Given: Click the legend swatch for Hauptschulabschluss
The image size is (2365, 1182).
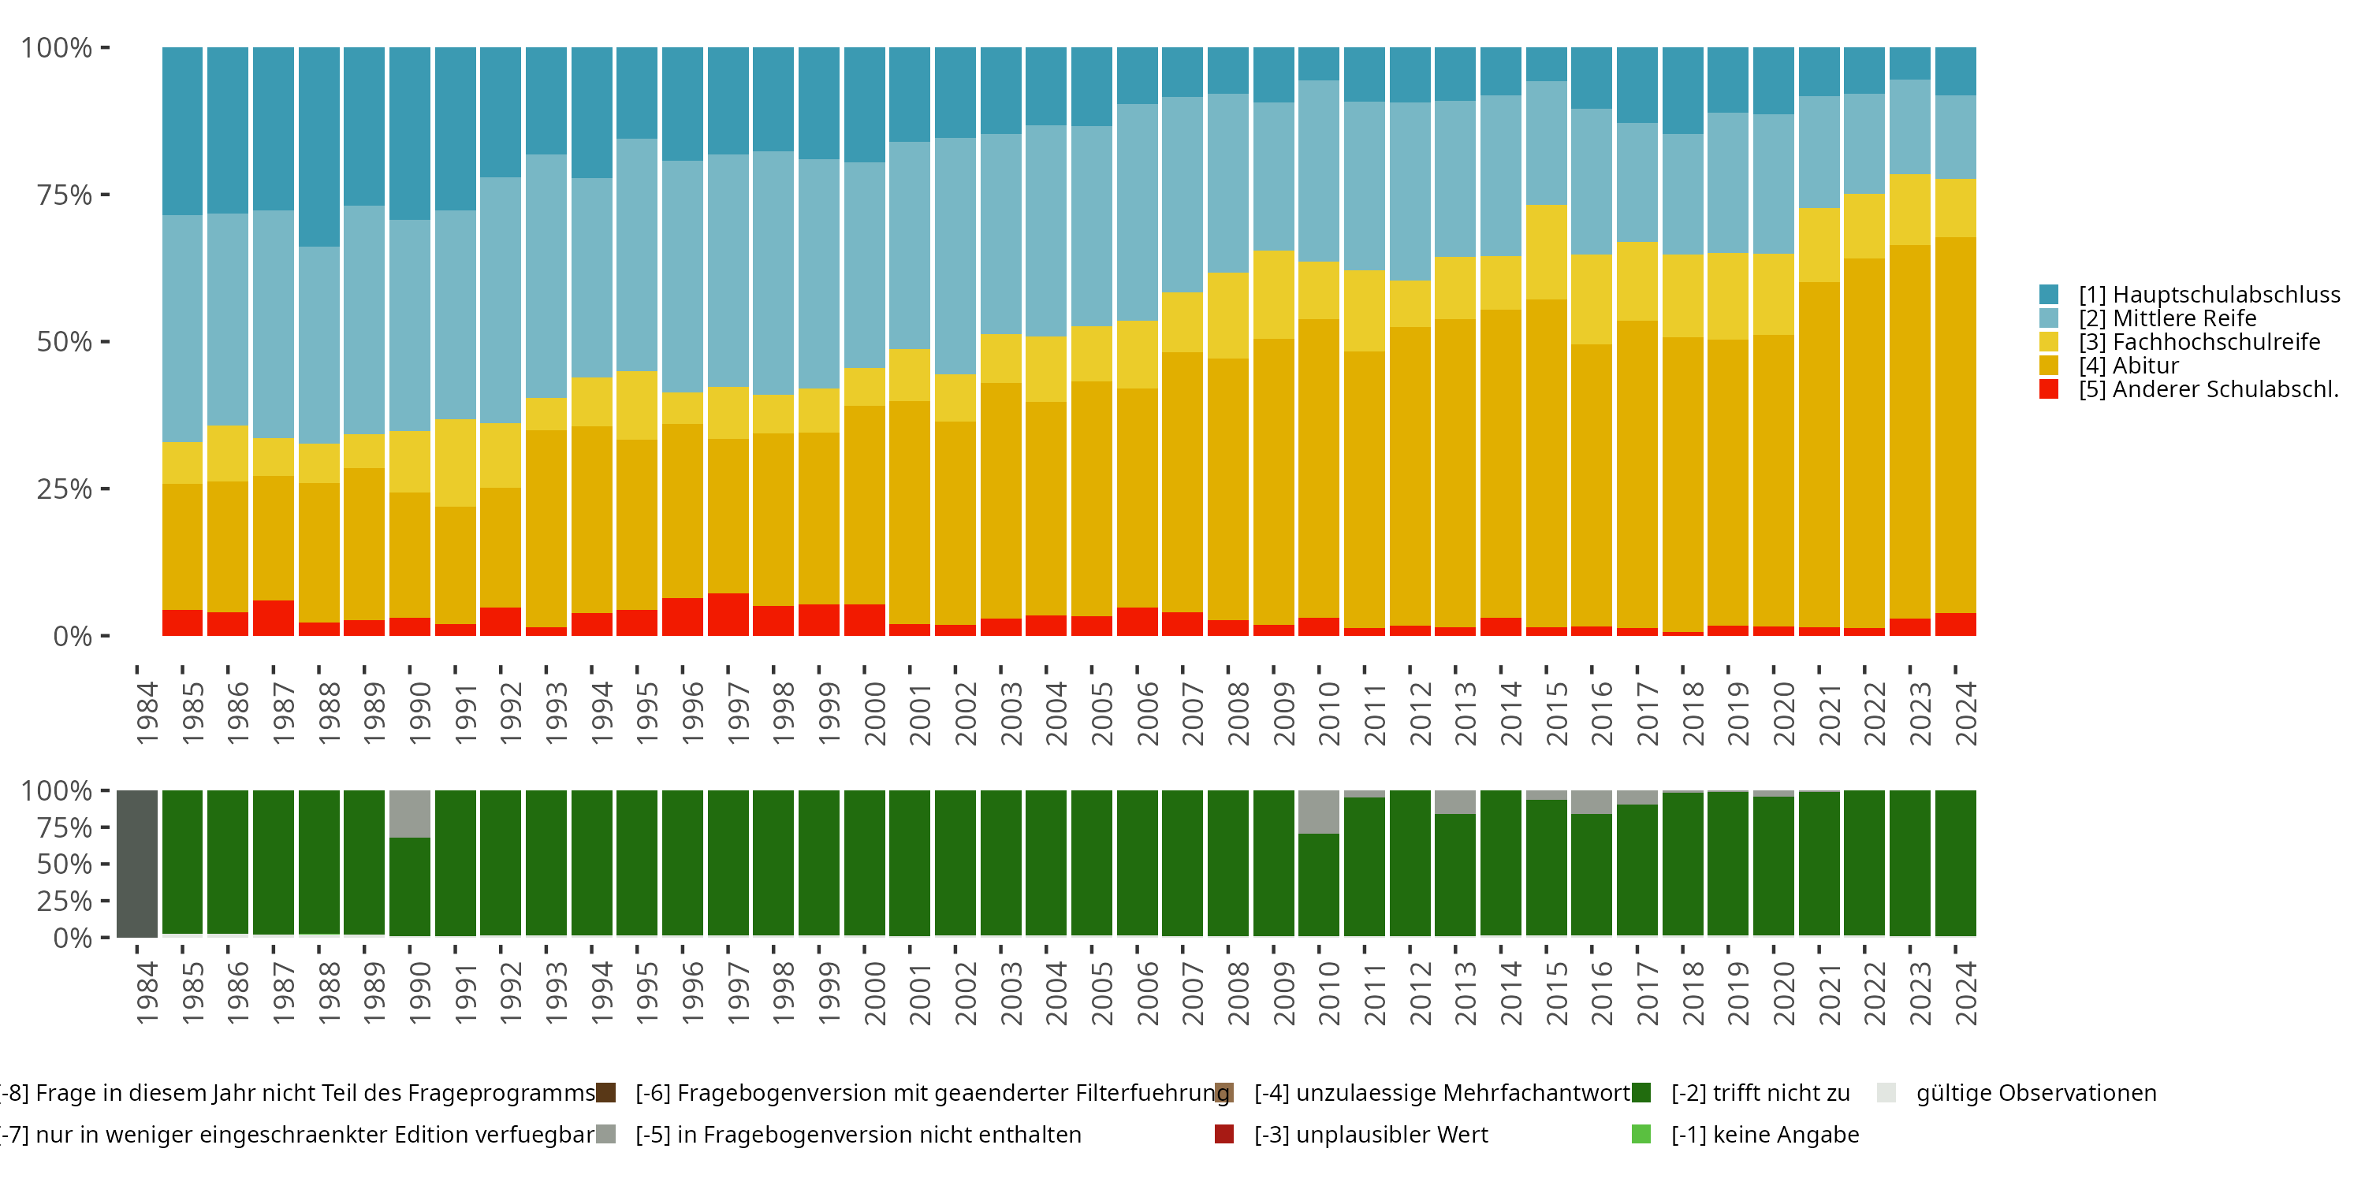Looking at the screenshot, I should coord(2048,295).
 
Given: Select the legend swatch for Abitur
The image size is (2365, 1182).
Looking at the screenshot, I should coord(2048,366).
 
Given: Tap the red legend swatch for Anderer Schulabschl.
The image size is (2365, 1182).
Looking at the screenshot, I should coord(2048,389).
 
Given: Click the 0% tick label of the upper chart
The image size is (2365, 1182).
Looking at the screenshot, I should coord(72,636).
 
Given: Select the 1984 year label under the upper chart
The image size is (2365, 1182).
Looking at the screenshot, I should coord(147,713).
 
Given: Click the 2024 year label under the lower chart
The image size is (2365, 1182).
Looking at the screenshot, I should coord(1965,994).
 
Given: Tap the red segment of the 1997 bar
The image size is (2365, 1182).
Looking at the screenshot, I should coord(728,615).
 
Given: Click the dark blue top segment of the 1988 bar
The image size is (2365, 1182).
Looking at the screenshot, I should coord(318,147).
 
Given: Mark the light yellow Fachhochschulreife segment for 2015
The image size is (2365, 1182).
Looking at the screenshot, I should coord(1546,251).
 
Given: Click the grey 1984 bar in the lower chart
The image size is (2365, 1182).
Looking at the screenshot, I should coord(137,864).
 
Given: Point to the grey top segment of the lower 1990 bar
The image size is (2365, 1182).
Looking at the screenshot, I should coord(409,813).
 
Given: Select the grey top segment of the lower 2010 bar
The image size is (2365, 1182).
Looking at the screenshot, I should coord(1318,812).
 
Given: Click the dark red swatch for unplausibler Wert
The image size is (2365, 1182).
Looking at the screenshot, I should coord(1223,1134).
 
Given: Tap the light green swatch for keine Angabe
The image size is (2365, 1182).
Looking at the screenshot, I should coord(1641,1134).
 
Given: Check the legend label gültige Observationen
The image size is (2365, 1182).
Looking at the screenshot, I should coord(2035,1093).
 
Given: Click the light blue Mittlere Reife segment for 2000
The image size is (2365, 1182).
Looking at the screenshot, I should coord(864,266).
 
